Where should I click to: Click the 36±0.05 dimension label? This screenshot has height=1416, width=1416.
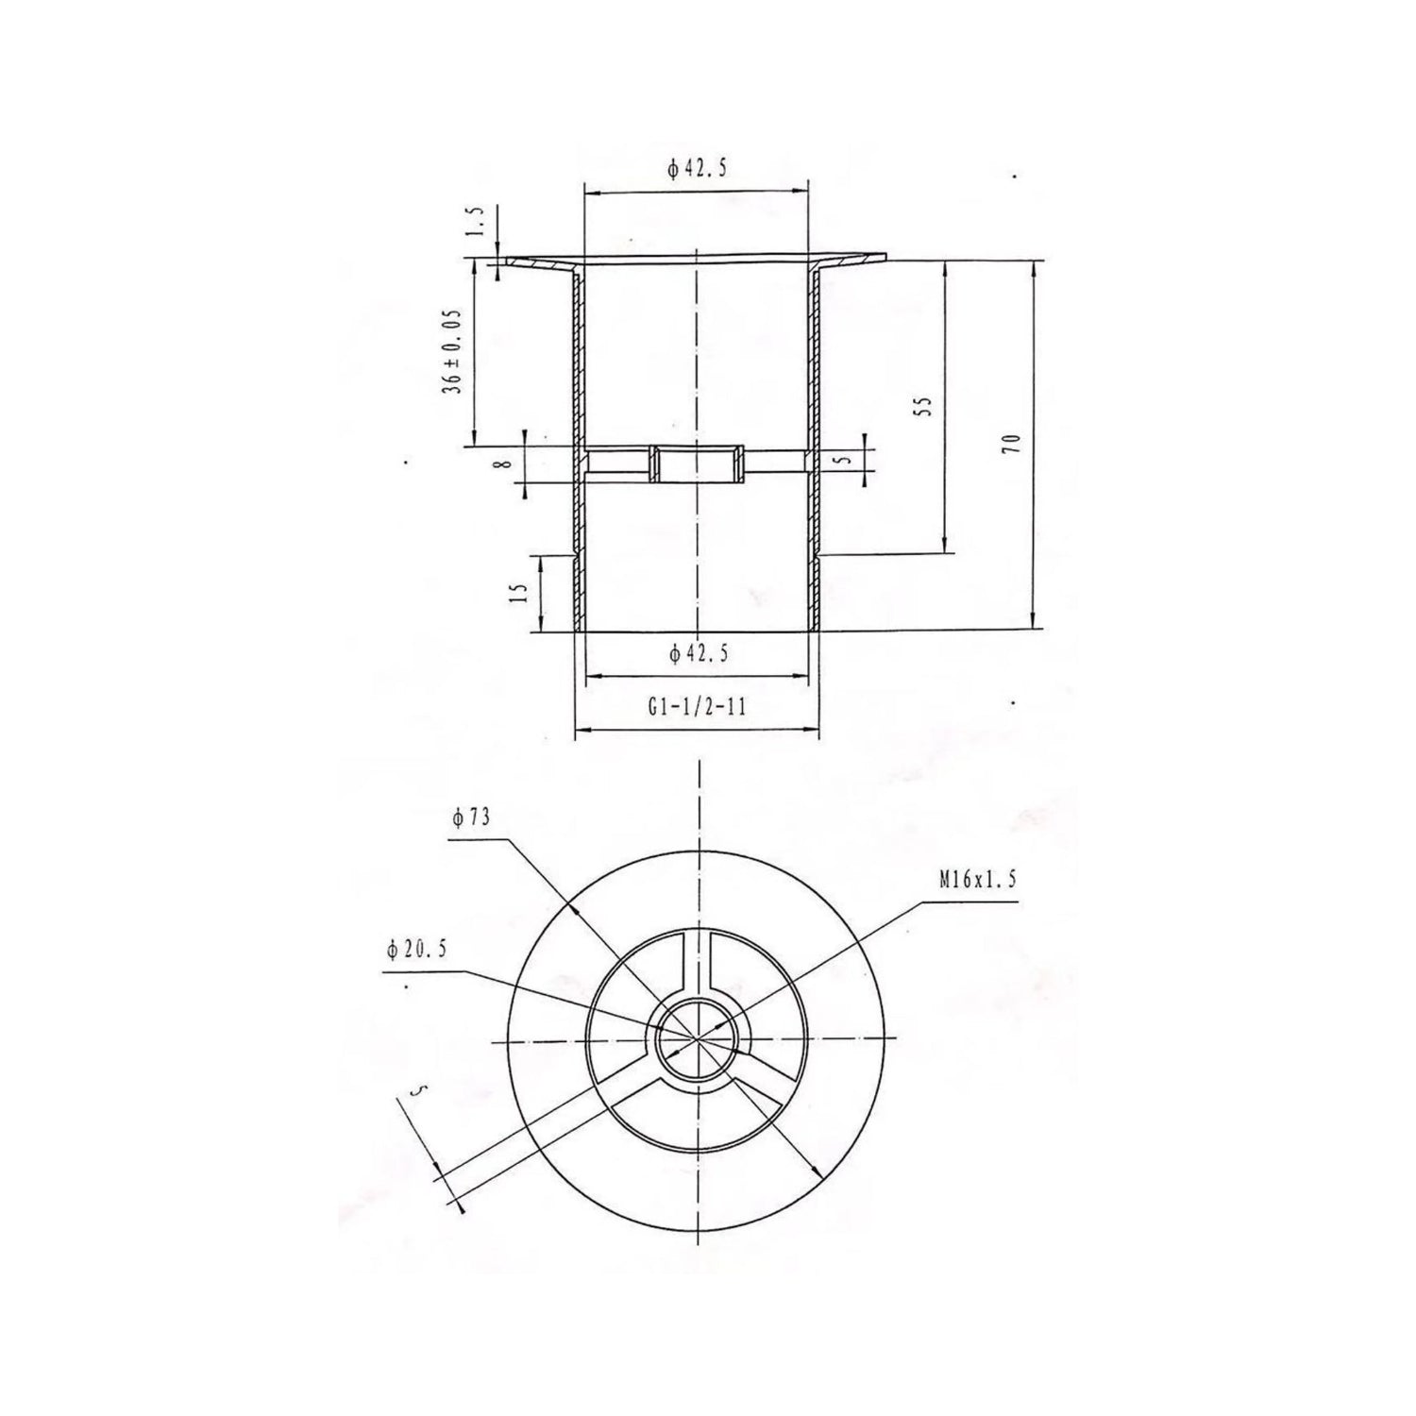coord(457,351)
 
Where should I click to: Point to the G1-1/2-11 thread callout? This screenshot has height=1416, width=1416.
coord(698,705)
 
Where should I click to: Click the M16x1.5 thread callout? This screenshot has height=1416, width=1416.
coord(977,881)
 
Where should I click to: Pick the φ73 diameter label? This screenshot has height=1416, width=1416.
coord(471,818)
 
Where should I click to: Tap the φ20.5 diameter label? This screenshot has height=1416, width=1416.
coord(415,951)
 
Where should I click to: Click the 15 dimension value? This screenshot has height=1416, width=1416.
coord(516,592)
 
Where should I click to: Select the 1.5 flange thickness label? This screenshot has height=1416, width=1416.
coord(477,223)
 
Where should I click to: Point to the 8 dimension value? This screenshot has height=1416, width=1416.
coord(506,463)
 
